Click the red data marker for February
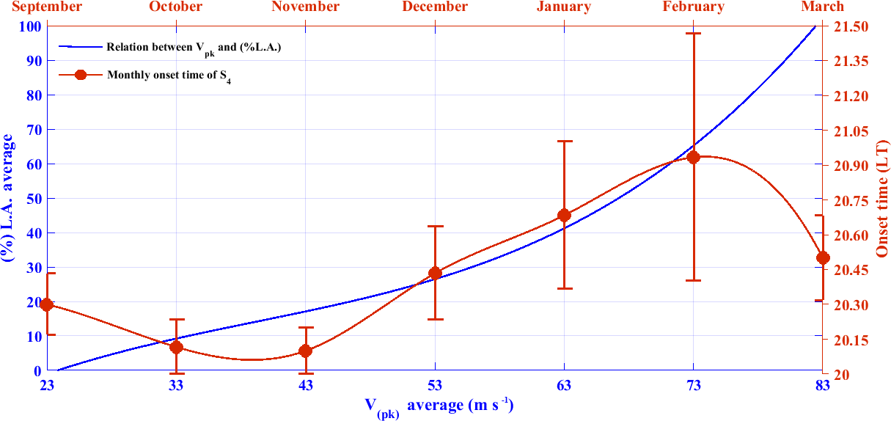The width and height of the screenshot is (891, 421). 693,157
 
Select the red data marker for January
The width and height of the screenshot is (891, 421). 564,215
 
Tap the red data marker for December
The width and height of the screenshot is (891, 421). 435,274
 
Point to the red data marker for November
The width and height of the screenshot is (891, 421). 306,351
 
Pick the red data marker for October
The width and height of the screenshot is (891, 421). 176,347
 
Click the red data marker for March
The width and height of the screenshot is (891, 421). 823,257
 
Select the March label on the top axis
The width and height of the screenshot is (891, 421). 822,7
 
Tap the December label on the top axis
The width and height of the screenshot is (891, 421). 435,7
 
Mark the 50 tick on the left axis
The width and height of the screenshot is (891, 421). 32,199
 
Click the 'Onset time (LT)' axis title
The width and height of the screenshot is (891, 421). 882,199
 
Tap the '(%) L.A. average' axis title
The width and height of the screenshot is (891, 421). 8,199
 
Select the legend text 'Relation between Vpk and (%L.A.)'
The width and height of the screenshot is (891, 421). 194,47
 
